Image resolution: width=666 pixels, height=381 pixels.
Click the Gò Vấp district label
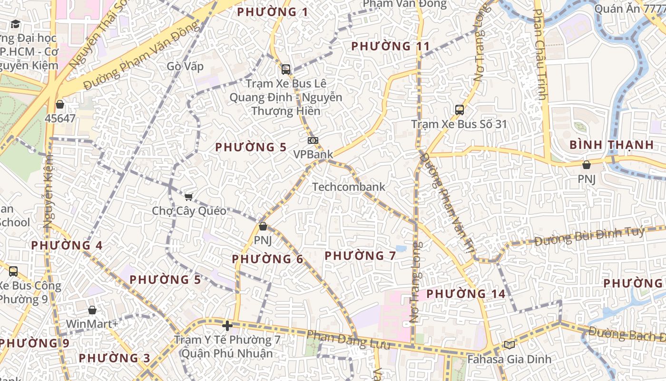click(185, 66)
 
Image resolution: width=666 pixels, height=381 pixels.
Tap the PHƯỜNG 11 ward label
click(390, 46)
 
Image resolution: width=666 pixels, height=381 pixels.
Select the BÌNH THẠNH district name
click(611, 145)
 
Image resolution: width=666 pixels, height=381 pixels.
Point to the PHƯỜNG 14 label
click(466, 294)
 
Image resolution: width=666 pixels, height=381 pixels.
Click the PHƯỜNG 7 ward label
click(360, 256)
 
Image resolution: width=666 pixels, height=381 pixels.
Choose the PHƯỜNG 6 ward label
click(267, 259)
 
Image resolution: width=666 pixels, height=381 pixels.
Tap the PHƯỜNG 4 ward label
click(67, 246)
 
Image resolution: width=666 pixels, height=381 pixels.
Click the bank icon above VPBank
click(313, 140)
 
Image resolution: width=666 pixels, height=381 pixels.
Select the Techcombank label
click(349, 187)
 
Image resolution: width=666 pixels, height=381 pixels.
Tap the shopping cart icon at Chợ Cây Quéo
click(188, 197)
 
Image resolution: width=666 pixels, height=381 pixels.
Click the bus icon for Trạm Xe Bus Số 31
click(460, 110)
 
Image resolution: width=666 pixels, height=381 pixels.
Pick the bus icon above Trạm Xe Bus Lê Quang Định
click(286, 70)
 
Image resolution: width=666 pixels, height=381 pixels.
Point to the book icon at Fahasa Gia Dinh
click(509, 345)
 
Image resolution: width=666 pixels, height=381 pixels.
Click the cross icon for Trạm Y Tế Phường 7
click(227, 326)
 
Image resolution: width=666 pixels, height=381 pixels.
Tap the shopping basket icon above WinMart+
click(92, 310)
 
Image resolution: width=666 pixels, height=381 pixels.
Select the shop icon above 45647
click(60, 104)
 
